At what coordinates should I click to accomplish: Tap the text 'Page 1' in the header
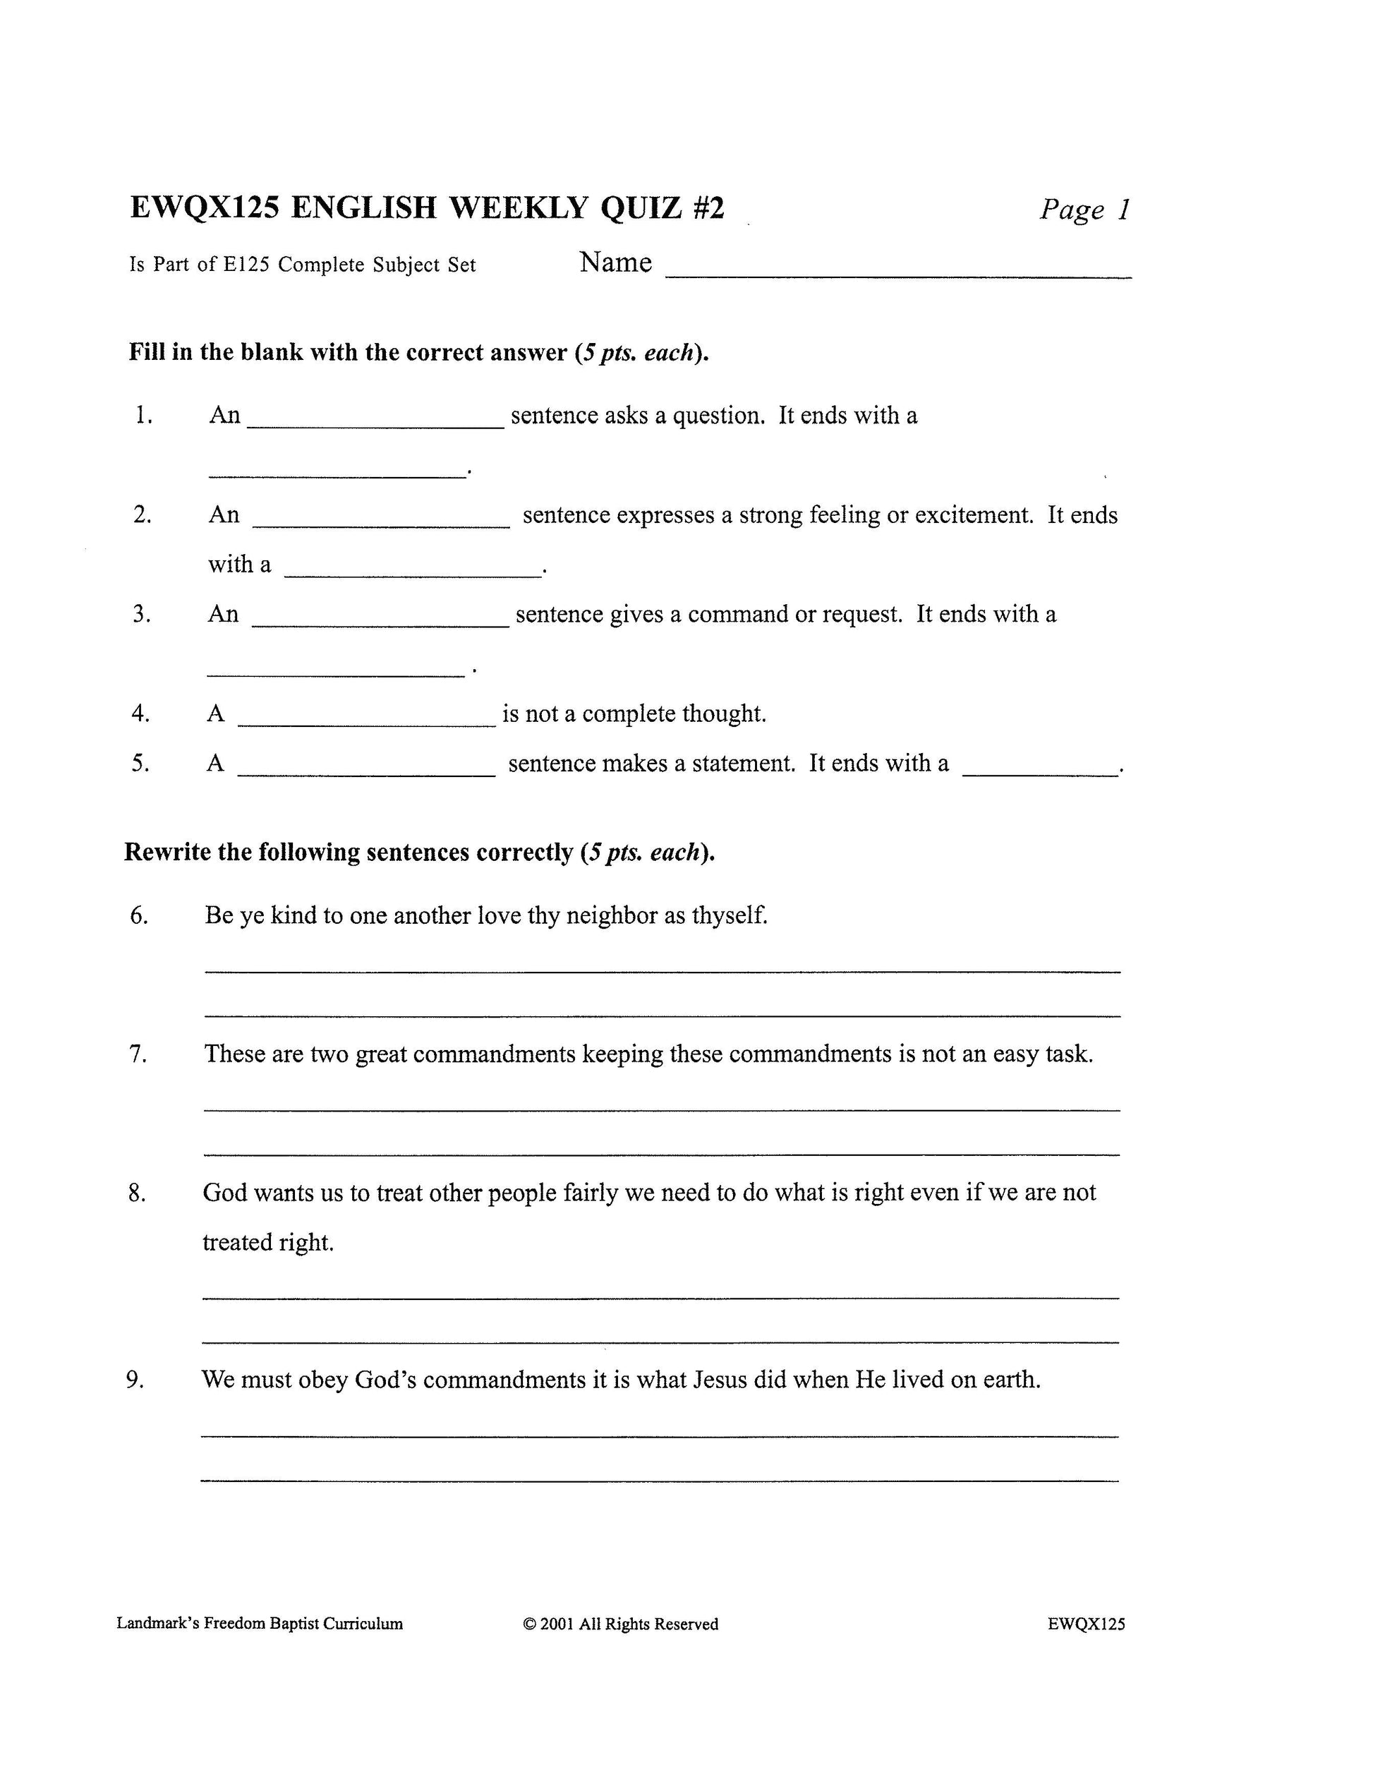click(x=1084, y=210)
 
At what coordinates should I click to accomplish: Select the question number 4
click(x=140, y=713)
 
